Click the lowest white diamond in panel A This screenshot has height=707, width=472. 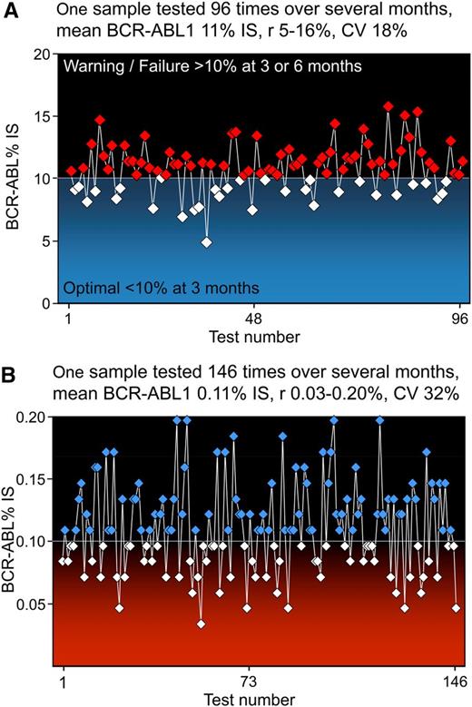pyautogui.click(x=207, y=242)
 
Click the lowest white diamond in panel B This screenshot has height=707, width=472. pyautogui.click(x=201, y=624)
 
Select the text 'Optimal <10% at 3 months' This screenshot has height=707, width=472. pyautogui.click(x=162, y=288)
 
